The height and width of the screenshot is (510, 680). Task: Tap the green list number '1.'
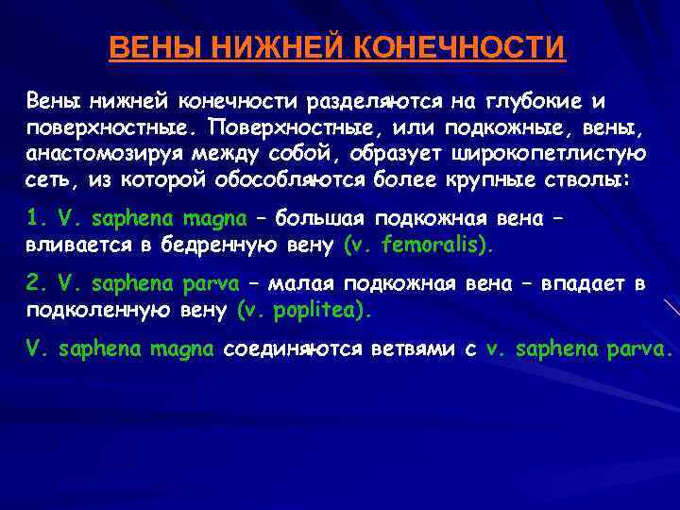pyautogui.click(x=37, y=218)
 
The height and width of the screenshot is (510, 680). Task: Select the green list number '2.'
pyautogui.click(x=37, y=284)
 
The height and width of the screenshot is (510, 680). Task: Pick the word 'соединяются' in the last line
pyautogui.click(x=285, y=350)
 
